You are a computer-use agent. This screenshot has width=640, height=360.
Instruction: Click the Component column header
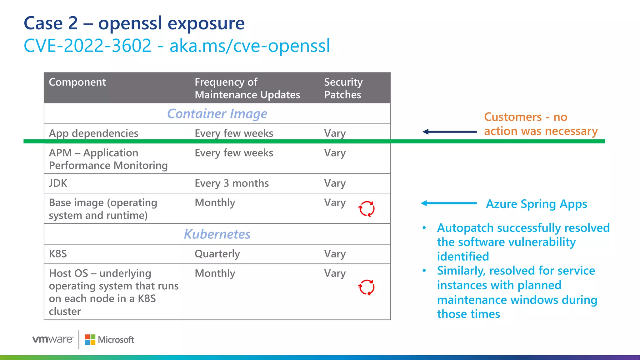(x=77, y=82)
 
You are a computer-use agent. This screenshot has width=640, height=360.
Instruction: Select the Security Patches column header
(x=343, y=88)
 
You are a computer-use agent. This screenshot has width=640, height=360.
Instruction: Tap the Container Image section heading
(x=217, y=114)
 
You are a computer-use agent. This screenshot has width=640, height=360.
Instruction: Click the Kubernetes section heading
(x=217, y=234)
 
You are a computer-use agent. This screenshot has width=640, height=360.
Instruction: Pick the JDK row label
(x=58, y=183)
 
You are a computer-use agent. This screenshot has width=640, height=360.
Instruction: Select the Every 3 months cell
(x=232, y=183)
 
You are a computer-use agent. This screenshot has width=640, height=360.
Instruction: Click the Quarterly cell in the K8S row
(x=217, y=254)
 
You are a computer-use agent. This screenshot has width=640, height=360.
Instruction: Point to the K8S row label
(x=58, y=254)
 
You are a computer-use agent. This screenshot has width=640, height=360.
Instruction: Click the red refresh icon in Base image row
(x=366, y=209)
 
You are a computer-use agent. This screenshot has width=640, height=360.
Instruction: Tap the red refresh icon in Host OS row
(x=366, y=287)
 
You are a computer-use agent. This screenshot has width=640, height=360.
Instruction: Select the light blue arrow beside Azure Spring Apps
(x=449, y=203)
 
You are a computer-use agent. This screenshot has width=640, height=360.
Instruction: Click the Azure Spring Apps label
(x=537, y=204)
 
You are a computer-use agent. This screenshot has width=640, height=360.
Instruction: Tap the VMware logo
(x=53, y=339)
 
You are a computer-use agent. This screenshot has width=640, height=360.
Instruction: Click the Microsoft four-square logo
(x=90, y=340)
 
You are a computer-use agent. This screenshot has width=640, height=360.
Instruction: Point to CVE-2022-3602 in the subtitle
(x=87, y=46)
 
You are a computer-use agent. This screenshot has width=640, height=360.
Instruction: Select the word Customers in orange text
(x=512, y=117)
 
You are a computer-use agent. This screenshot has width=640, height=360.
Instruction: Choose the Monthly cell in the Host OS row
(x=215, y=273)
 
